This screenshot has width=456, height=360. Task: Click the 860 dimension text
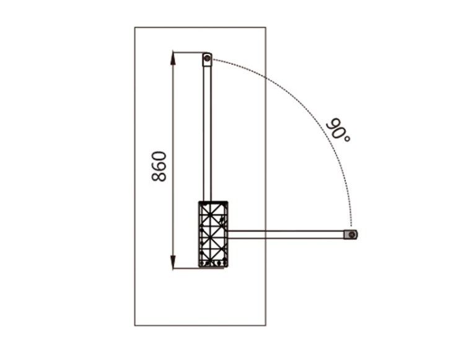(x=159, y=166)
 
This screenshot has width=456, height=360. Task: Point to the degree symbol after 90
(x=347, y=138)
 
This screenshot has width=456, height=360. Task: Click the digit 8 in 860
(x=159, y=176)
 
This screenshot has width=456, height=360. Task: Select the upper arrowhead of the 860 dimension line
(x=173, y=58)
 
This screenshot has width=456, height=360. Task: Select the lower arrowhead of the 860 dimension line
(x=173, y=262)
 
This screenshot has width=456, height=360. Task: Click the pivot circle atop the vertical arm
(x=207, y=58)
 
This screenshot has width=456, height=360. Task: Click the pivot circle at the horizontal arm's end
(x=352, y=234)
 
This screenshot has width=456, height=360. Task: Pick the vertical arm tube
(x=207, y=133)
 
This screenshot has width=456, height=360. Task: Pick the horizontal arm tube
(x=286, y=234)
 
